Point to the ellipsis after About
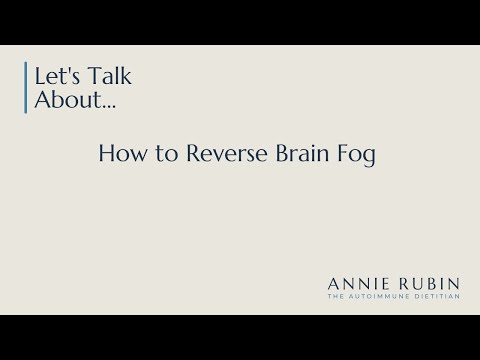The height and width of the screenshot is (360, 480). coord(95,105)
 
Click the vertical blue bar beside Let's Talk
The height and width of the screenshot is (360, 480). coord(24,89)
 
